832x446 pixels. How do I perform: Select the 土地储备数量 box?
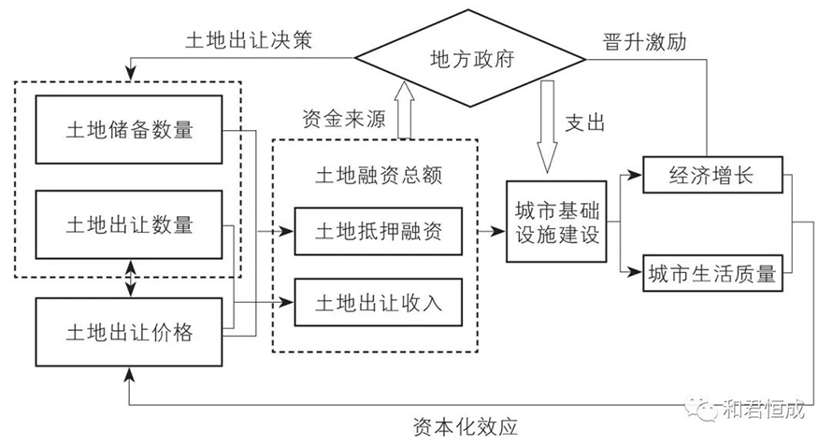pos(129,129)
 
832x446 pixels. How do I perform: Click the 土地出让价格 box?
pos(129,332)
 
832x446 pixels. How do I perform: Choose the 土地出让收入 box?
pos(379,301)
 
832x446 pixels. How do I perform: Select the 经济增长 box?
pos(711,174)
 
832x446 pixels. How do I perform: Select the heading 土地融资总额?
pos(379,174)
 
